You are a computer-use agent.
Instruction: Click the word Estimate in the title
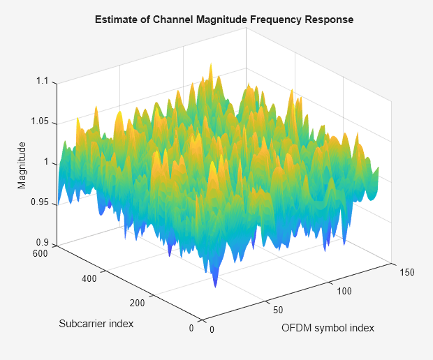(x=115, y=20)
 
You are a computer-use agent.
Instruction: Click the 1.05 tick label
(x=41, y=121)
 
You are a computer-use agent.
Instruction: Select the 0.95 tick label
(x=41, y=203)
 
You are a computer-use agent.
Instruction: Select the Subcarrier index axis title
(x=96, y=324)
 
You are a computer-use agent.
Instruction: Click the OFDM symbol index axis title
(x=328, y=327)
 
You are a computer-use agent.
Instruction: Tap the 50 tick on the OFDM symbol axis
(x=279, y=309)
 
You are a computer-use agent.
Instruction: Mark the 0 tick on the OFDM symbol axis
(x=212, y=330)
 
